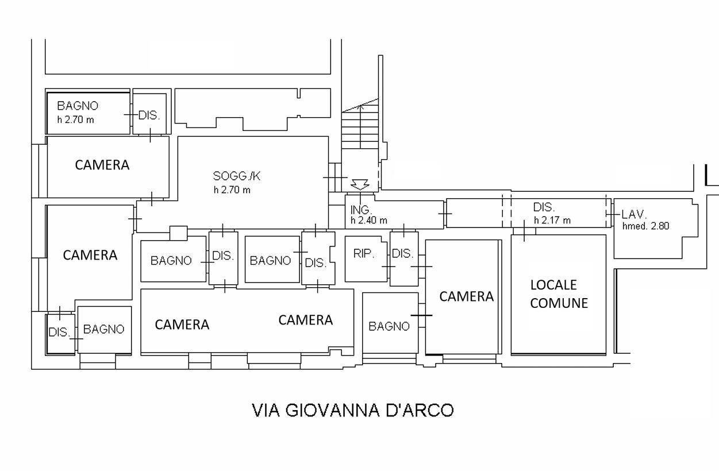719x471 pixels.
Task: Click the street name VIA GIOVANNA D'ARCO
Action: coord(353,411)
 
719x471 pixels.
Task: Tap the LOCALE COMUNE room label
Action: coord(559,294)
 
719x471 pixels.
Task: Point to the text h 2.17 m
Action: coord(552,221)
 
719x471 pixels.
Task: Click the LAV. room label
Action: coord(635,214)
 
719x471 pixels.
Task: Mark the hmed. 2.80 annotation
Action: coord(645,226)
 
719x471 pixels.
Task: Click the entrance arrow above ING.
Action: coord(360,184)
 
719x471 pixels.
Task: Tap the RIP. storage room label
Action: coord(363,253)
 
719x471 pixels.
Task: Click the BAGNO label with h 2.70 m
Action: coord(78,106)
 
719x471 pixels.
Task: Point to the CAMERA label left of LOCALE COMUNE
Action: coord(466,296)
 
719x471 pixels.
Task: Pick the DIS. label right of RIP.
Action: coord(402,253)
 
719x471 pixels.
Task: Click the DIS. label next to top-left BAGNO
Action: coord(149,115)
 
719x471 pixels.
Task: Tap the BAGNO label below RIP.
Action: coord(389,326)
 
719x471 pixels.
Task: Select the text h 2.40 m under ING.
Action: coord(368,221)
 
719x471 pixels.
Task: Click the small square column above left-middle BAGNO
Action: coord(178,233)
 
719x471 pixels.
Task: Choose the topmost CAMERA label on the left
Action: coord(102,165)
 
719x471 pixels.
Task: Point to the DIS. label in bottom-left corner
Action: coord(59,333)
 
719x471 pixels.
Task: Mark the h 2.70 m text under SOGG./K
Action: coord(232,190)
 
